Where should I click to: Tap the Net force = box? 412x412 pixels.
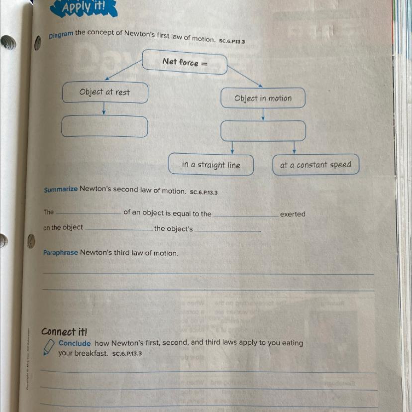[x=185, y=63]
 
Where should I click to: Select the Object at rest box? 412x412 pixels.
[x=105, y=93]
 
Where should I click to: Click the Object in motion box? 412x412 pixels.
[x=263, y=98]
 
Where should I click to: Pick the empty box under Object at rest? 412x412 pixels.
[x=104, y=126]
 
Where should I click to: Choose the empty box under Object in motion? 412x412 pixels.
[x=263, y=131]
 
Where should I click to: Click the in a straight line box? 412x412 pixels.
[x=211, y=165]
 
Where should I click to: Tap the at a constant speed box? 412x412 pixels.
[x=315, y=165]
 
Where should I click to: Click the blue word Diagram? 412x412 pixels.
[x=61, y=35]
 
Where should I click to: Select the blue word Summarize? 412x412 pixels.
[x=61, y=190]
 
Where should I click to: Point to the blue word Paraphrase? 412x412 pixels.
[x=61, y=253]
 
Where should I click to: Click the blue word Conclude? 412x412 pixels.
[x=75, y=343]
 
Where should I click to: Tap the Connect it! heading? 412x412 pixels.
[x=64, y=331]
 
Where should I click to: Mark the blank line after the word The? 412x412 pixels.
[x=88, y=213]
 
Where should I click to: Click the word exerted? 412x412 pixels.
[x=293, y=214]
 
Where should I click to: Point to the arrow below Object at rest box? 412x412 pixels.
[x=103, y=109]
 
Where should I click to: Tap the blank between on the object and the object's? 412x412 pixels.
[x=119, y=228]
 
